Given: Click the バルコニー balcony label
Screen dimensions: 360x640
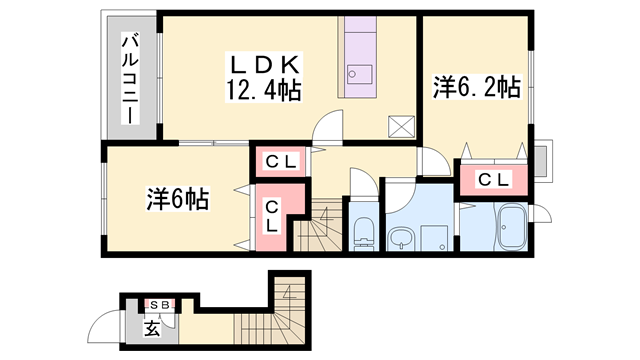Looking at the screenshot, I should (130, 78).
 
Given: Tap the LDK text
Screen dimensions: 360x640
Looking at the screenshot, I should (264, 65).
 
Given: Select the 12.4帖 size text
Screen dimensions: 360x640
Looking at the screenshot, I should (264, 90).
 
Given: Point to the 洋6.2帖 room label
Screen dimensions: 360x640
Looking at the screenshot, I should (475, 87).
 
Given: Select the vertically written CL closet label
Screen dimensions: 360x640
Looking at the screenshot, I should (272, 216).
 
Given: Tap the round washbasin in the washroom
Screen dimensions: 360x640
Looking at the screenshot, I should (401, 238).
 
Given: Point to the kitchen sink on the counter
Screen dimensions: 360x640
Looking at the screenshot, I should (357, 73).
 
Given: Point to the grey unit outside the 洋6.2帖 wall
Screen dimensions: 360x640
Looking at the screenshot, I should (542, 160).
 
